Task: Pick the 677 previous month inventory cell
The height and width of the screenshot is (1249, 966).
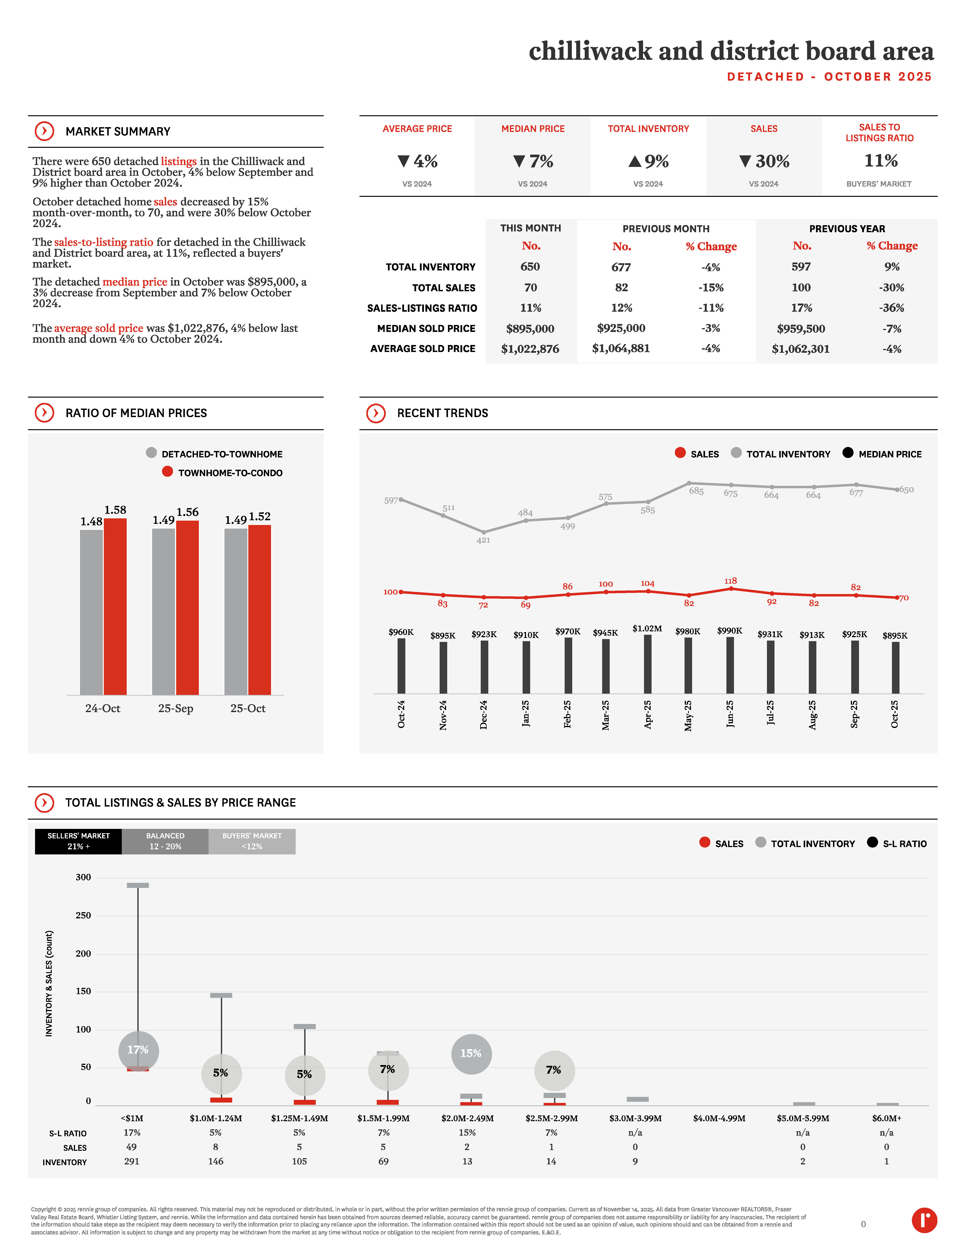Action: (621, 267)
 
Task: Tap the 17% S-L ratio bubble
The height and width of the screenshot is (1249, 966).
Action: (138, 1050)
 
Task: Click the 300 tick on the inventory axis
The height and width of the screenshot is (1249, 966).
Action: (84, 877)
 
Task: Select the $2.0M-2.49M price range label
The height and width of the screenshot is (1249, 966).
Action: (467, 1118)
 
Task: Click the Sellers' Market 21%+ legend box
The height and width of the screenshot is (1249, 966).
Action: (78, 841)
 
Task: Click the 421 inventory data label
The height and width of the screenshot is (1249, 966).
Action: (483, 540)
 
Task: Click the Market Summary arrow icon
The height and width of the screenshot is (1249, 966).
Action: (44, 131)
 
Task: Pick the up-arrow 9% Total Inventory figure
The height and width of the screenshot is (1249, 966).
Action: (648, 161)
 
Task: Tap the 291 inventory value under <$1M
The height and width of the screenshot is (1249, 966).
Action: (132, 1162)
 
